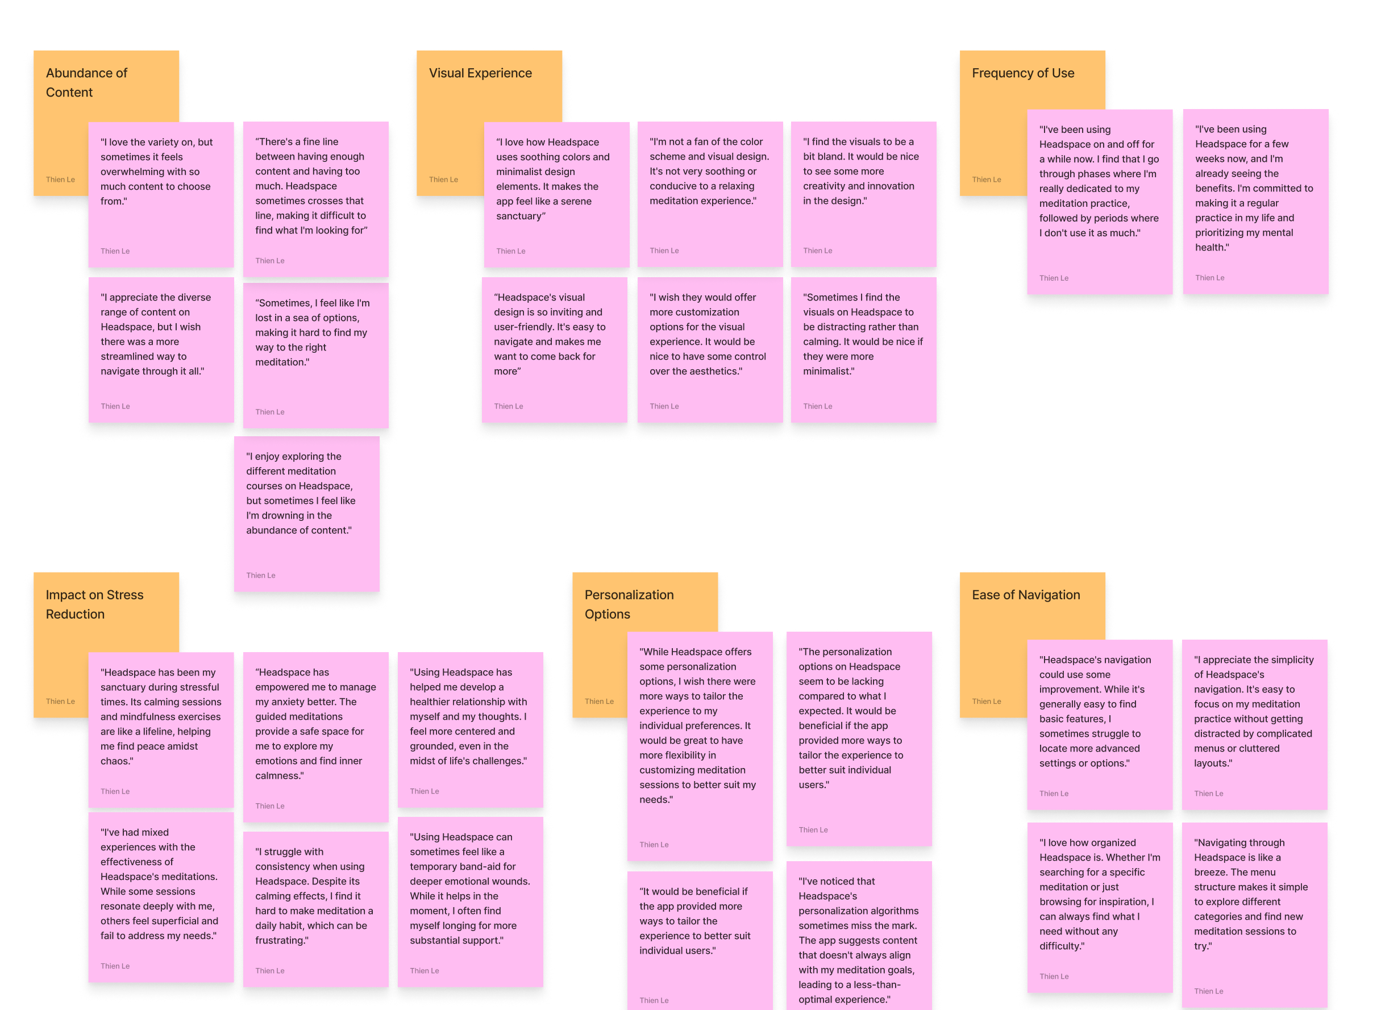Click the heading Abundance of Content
pos(86,82)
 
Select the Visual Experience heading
pos(480,73)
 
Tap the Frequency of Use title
pos(1022,73)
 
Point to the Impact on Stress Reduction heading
pos(94,604)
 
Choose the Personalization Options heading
pos(629,604)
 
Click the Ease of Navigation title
pos(1026,595)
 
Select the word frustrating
pos(281,940)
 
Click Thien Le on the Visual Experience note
pos(443,180)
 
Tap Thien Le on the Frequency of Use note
pos(986,180)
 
